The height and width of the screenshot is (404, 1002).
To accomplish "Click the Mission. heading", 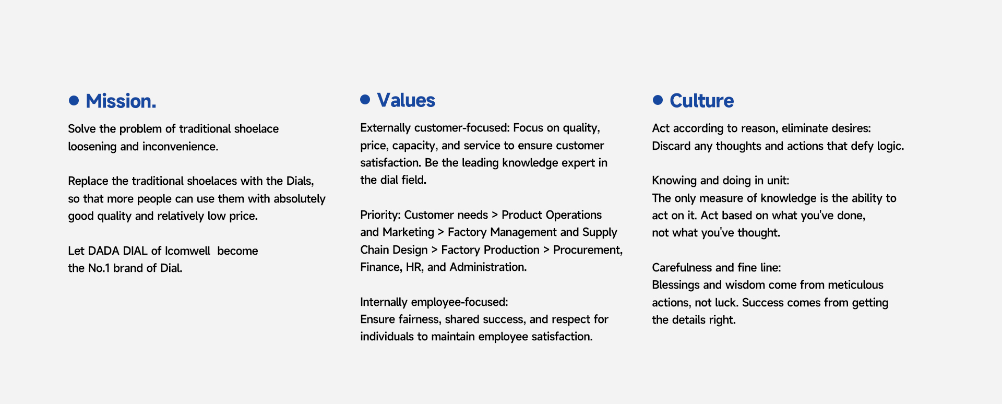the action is coord(121,101).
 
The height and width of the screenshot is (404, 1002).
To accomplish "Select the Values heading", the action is coord(406,100).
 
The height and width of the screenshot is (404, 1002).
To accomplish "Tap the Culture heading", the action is coord(701,101).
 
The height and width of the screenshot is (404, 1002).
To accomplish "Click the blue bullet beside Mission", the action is coord(74,100).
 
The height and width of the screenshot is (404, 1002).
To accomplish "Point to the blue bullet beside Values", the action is coord(365,99).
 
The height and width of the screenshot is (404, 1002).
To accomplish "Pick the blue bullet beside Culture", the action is coord(658,100).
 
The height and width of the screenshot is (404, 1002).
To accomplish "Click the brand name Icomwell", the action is coord(187,251).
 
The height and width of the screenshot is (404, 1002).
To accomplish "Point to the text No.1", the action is coord(99,268).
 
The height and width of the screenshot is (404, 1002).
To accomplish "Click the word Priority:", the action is coord(380,215).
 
